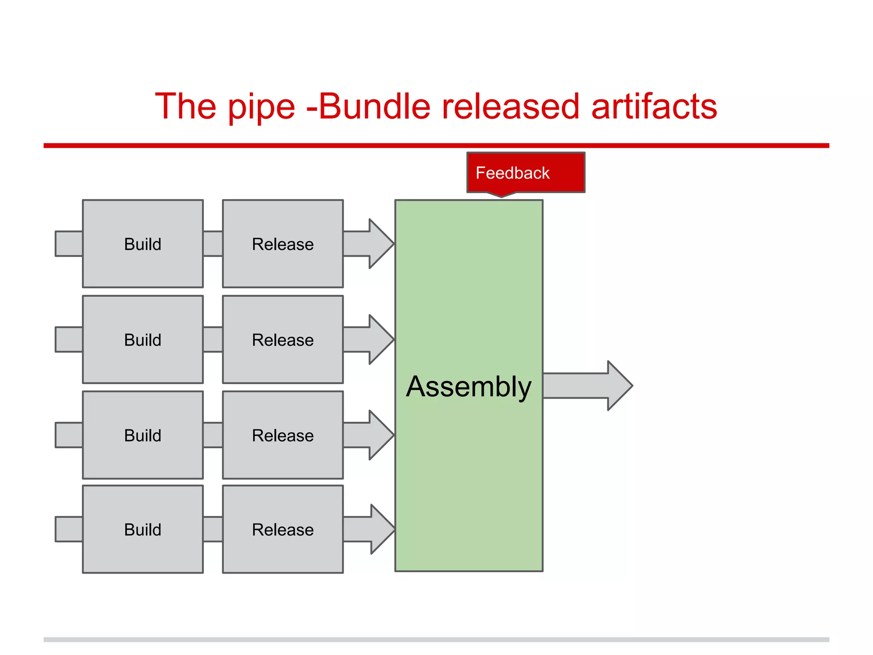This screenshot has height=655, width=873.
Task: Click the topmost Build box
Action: pos(143,244)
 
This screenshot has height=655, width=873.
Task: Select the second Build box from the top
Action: pos(143,339)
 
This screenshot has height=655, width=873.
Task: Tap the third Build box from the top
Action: pos(143,435)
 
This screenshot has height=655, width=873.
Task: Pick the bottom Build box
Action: pos(143,529)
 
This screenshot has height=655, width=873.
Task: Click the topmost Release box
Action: pos(283,244)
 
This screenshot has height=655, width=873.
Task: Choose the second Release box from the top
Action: pos(283,339)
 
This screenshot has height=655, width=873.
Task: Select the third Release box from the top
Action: pos(283,435)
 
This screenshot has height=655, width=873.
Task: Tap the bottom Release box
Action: pos(283,529)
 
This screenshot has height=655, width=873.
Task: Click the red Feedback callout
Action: pos(526,173)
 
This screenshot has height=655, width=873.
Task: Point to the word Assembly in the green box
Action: pos(468,386)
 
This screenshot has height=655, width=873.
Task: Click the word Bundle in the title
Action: pos(374,107)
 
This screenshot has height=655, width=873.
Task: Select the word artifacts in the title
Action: pos(654,107)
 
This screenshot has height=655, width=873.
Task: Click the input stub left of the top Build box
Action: pos(69,244)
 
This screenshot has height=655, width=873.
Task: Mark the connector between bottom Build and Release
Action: pos(213,529)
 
